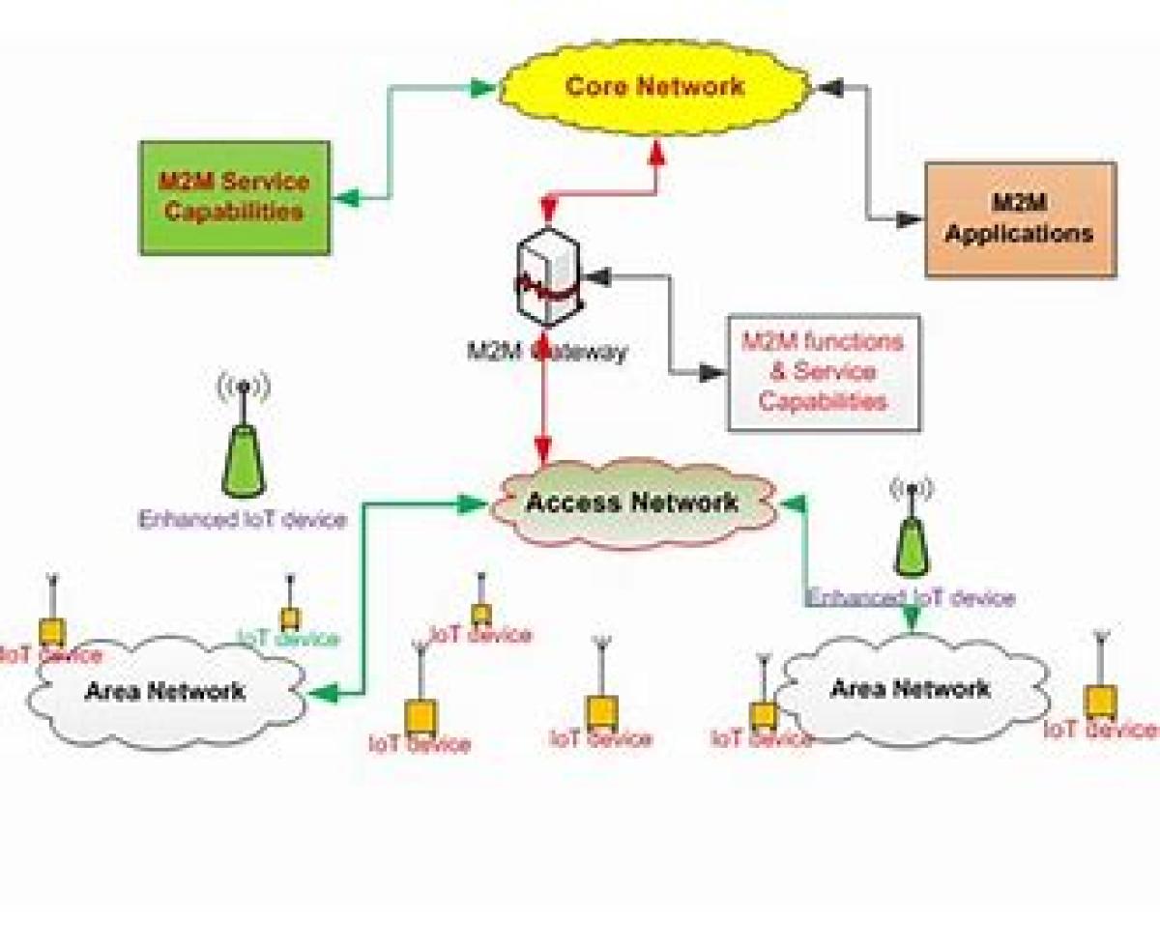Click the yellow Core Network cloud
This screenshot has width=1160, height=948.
[654, 86]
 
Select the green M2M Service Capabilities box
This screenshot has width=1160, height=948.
[235, 198]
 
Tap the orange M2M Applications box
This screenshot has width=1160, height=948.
[1020, 219]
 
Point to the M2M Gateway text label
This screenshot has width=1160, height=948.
[547, 353]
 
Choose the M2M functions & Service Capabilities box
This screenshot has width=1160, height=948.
[823, 372]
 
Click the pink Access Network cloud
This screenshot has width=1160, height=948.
[632, 503]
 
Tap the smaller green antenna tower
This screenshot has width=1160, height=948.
[912, 545]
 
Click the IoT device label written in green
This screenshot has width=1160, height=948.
[289, 639]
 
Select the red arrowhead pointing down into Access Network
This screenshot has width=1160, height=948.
[543, 450]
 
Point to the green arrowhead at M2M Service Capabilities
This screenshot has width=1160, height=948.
[345, 199]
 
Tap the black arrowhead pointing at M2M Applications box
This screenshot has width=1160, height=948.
[909, 220]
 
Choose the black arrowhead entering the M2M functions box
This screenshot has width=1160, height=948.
[712, 373]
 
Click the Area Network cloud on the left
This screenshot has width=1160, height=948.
[164, 692]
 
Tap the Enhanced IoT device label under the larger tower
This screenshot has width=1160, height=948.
[242, 520]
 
